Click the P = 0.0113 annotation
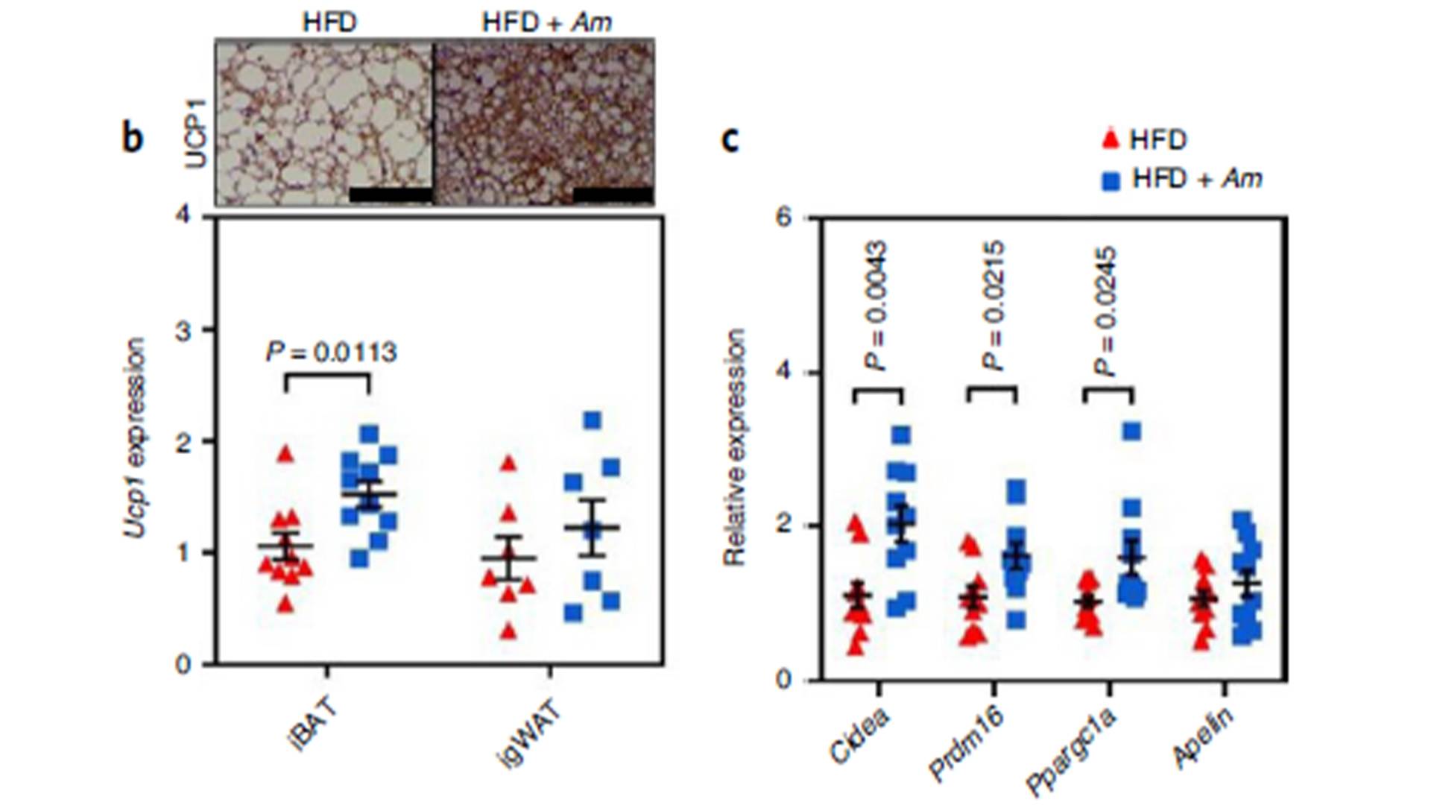coord(332,352)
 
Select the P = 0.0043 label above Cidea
coord(877,306)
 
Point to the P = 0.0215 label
coord(994,306)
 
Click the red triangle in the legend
coord(1111,139)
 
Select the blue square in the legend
coord(1111,180)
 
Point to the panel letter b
coord(132,139)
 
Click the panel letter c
coord(730,139)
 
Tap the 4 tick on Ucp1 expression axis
coord(184,217)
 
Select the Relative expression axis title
coord(735,447)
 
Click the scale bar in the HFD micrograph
coord(390,195)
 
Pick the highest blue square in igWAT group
coord(593,420)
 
